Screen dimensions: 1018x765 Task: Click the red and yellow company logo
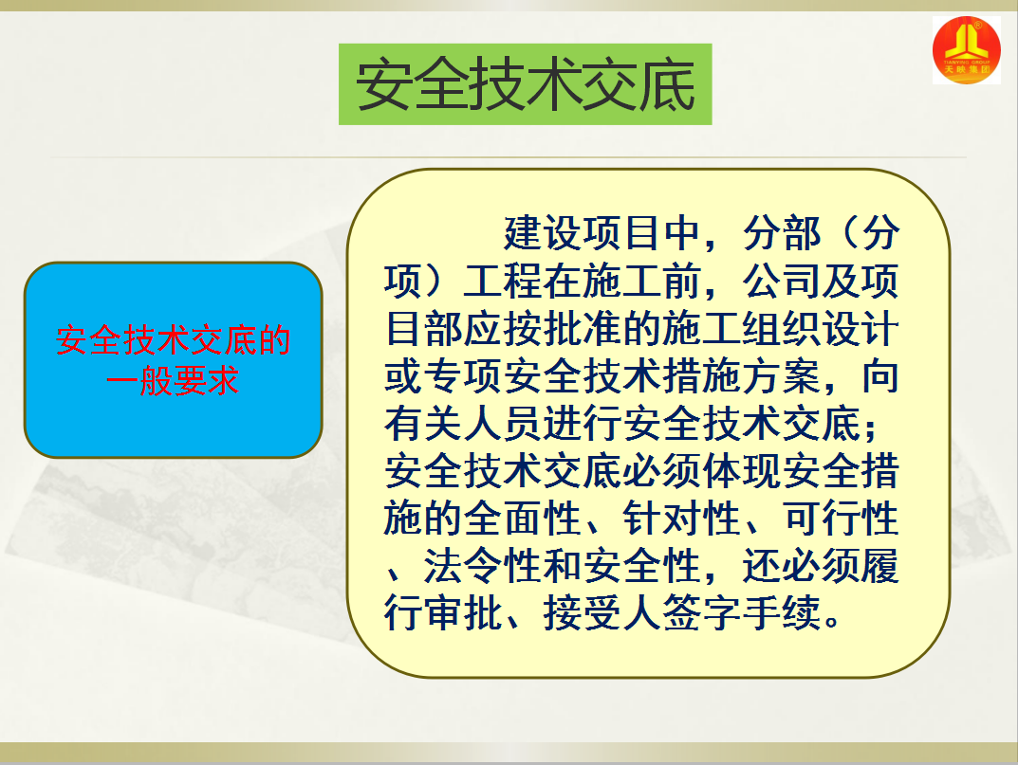966,50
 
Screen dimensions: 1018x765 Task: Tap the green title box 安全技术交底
526,84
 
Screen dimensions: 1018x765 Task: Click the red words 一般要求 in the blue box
173,381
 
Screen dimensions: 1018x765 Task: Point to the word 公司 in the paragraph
783,281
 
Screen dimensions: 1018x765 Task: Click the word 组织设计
821,329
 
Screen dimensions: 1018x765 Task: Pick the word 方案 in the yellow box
783,376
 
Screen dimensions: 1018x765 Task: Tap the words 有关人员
464,424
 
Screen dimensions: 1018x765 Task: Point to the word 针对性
682,519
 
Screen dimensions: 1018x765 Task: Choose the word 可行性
842,519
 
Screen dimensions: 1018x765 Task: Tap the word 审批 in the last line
464,614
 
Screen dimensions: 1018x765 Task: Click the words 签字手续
742,614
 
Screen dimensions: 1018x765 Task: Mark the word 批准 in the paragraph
583,329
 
